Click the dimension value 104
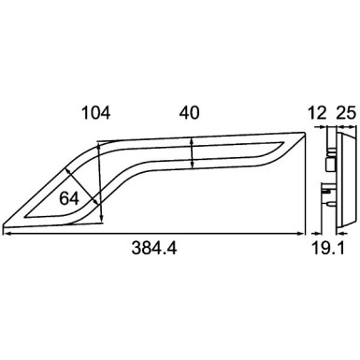click(x=96, y=113)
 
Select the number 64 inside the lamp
click(x=68, y=198)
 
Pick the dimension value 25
click(x=344, y=113)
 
